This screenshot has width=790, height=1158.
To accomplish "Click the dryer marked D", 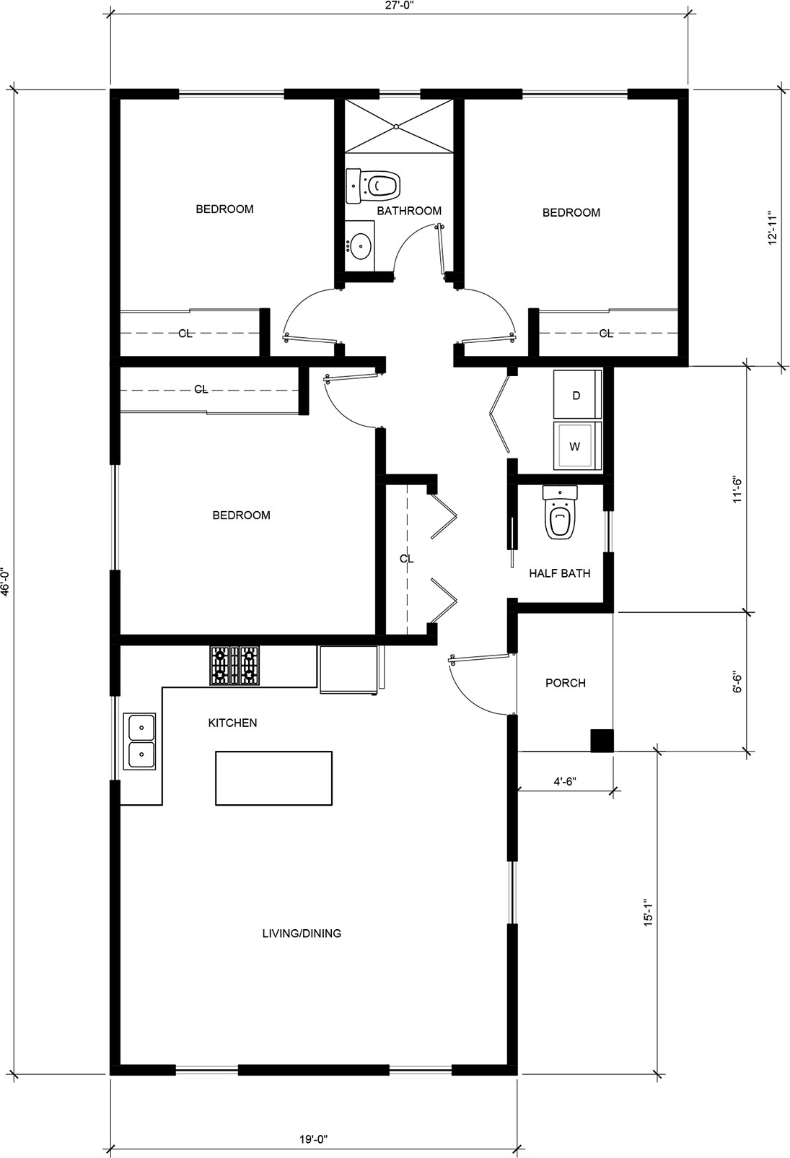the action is (578, 394).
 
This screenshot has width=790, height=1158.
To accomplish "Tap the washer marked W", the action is (578, 446).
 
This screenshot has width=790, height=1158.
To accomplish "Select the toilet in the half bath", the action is (560, 513).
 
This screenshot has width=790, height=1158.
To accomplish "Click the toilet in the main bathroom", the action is (374, 185).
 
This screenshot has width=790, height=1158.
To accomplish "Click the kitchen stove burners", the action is (234, 666).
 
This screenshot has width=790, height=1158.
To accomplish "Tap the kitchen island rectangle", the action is (274, 778).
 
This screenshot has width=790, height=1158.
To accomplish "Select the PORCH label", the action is (565, 683).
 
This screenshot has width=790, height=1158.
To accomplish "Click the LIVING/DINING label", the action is (302, 933).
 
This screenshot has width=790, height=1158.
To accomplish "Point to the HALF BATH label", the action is (560, 573).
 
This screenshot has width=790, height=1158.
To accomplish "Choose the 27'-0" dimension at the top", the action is (400, 5).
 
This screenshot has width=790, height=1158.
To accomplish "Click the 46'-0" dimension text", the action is (6, 583).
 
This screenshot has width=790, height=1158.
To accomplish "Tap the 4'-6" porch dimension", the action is (565, 781).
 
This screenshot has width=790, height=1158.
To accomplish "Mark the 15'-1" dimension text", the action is (649, 913).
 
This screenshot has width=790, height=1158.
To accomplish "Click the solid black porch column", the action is (602, 740).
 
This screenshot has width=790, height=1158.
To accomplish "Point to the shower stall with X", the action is (399, 126).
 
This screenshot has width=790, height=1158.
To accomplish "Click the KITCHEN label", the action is (232, 723).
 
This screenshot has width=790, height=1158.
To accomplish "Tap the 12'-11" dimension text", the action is (773, 227).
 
